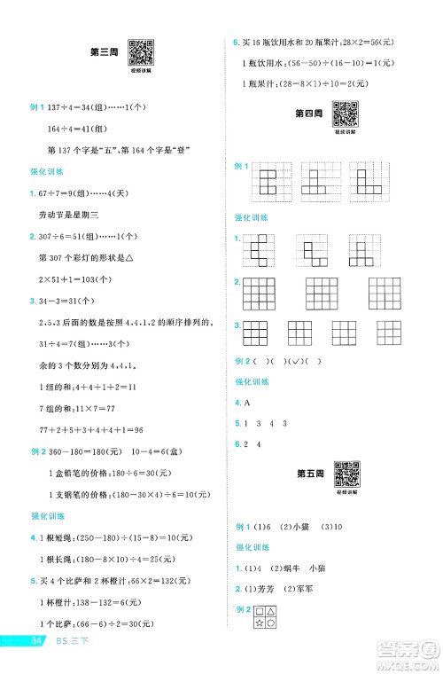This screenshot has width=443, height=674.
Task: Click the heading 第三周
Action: click(103, 51)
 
